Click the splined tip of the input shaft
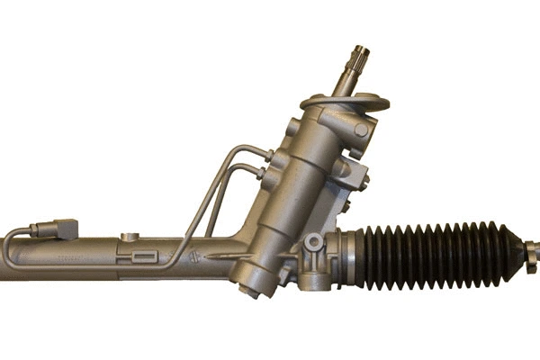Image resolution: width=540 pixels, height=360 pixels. [x=361, y=56]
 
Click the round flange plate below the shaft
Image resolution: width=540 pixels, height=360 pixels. [x=345, y=102]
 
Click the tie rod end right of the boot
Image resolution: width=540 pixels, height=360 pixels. [x=531, y=245]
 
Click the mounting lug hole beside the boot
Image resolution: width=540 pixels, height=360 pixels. [x=314, y=244]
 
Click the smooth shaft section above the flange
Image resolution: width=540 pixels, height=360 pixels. [x=346, y=82]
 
